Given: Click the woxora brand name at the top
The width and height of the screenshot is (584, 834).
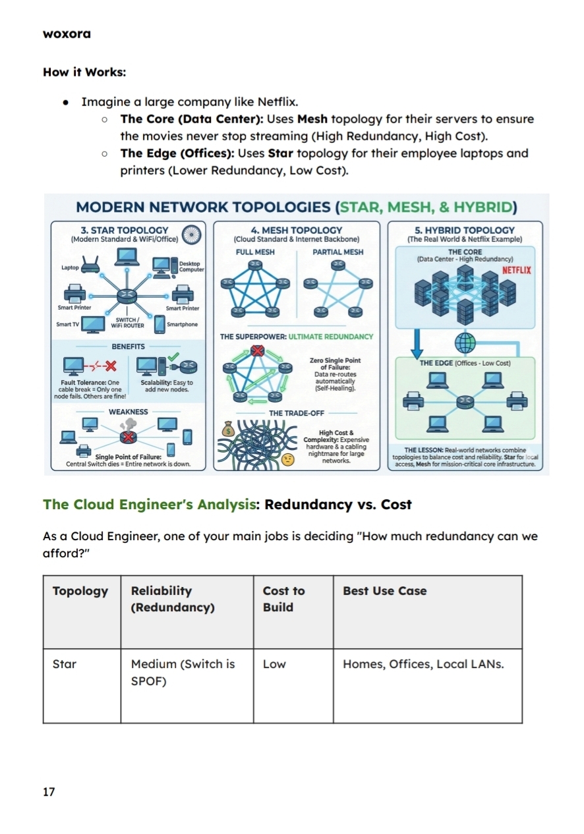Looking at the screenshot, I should [67, 34].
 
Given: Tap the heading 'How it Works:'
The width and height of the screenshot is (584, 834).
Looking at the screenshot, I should [84, 72].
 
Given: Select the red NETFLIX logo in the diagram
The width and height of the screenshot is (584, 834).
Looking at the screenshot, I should [516, 270].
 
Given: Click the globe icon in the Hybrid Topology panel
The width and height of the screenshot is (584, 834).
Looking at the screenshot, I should [465, 342].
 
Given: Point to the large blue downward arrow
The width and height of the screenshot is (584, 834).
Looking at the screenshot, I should [417, 342].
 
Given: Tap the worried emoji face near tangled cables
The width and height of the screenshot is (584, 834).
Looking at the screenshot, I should [287, 460].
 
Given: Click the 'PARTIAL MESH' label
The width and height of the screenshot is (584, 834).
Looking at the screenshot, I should [337, 252].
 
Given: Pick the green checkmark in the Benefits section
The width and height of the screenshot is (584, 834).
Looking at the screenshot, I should [173, 356].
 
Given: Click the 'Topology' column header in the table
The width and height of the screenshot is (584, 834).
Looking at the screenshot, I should [80, 591].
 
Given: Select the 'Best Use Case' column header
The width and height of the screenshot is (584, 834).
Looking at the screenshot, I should [384, 591].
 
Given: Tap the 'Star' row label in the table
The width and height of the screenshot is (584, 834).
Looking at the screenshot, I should [65, 664].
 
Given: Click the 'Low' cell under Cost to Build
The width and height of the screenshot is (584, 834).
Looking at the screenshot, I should [274, 664].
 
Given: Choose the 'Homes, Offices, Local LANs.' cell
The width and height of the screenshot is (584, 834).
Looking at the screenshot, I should [423, 664].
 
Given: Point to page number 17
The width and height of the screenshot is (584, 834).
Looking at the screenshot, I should [49, 792].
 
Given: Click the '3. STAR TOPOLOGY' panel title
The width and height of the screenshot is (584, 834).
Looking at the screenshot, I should [124, 230].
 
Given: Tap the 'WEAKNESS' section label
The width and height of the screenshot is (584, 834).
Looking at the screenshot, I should [129, 412].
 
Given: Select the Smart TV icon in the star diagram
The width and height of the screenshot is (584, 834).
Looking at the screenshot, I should [93, 324].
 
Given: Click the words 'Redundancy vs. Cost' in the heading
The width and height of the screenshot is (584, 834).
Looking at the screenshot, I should [338, 505].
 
